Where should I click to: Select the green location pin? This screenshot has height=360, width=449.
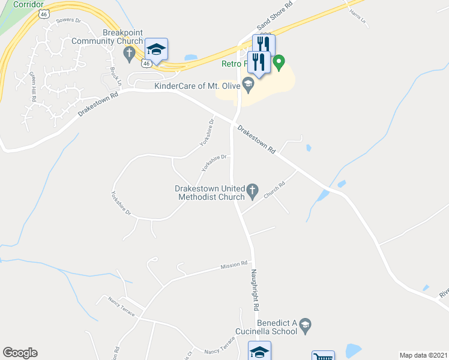click(279, 61)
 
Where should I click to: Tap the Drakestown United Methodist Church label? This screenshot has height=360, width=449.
click(209, 192)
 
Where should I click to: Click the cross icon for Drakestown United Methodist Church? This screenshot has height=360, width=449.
click(253, 192)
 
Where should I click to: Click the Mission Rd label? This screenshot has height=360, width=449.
click(234, 265)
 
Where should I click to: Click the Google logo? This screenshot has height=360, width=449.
click(20, 353)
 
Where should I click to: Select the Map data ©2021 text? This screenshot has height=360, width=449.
click(423, 355)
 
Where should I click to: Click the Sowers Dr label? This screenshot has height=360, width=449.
click(68, 20)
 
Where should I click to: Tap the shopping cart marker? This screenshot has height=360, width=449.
click(323, 356)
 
